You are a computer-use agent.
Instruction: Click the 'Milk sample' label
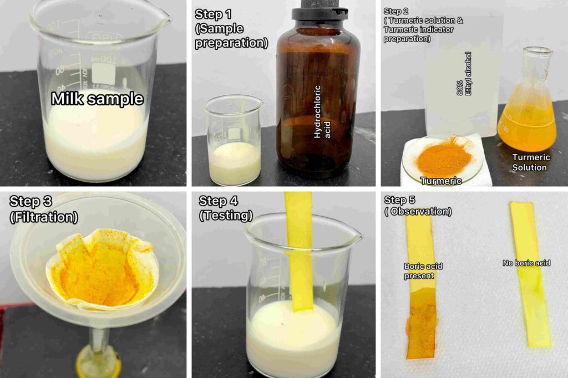(97, 99)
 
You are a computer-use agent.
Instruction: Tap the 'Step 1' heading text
(213, 14)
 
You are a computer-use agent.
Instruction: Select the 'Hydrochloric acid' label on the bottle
(322, 112)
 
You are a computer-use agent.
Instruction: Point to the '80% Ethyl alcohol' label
(464, 74)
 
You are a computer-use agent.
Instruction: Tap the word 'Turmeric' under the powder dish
(441, 181)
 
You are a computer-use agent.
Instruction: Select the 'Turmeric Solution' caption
(530, 162)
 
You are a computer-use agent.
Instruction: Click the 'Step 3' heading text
(31, 201)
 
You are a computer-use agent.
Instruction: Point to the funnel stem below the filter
(98, 348)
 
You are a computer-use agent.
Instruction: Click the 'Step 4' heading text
(218, 201)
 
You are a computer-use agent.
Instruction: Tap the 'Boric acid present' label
(423, 271)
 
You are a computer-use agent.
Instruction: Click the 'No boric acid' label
(526, 263)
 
